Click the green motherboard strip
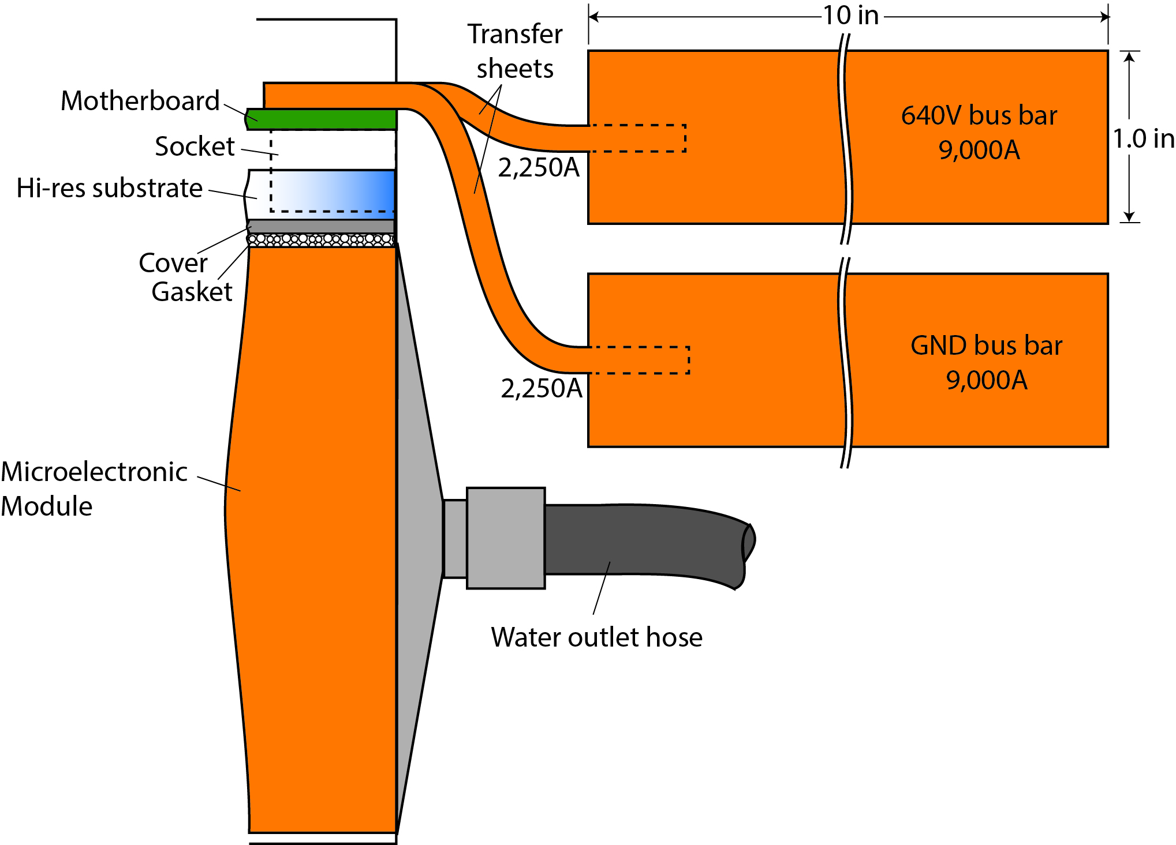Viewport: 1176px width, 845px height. [x=323, y=119]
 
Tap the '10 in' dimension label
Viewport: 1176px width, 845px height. [x=850, y=16]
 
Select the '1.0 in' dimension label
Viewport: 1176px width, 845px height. [x=1143, y=138]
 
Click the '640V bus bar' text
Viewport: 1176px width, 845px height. [x=979, y=115]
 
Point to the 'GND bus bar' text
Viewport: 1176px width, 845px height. [x=986, y=345]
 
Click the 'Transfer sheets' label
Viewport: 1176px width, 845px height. [x=515, y=51]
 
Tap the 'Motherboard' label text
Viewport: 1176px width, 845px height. [x=140, y=101]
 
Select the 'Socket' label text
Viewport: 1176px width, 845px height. [x=195, y=147]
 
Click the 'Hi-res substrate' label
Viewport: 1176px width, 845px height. [x=110, y=188]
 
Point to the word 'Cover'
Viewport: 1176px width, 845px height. [x=173, y=263]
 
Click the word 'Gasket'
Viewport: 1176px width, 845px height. [x=192, y=292]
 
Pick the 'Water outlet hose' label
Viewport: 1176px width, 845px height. [x=596, y=637]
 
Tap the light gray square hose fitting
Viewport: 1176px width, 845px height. [x=506, y=538]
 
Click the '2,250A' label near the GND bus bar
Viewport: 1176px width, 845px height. [x=541, y=389]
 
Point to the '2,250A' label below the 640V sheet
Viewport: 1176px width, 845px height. [x=538, y=168]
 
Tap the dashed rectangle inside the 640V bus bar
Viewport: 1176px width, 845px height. [x=638, y=138]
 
